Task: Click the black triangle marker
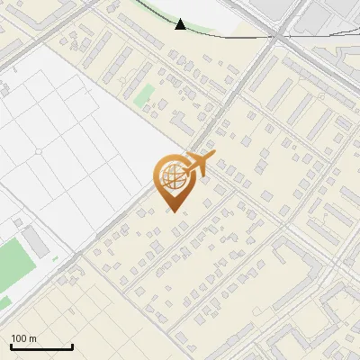[181, 24]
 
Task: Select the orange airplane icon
[199, 163]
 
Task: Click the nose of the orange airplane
[212, 156]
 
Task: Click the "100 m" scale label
[23, 338]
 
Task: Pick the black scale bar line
[41, 346]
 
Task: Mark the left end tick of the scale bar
[11, 346]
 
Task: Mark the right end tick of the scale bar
[72, 346]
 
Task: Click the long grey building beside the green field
[36, 241]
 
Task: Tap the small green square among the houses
[144, 94]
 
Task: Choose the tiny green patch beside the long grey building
[55, 259]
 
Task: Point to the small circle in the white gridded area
[38, 152]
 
